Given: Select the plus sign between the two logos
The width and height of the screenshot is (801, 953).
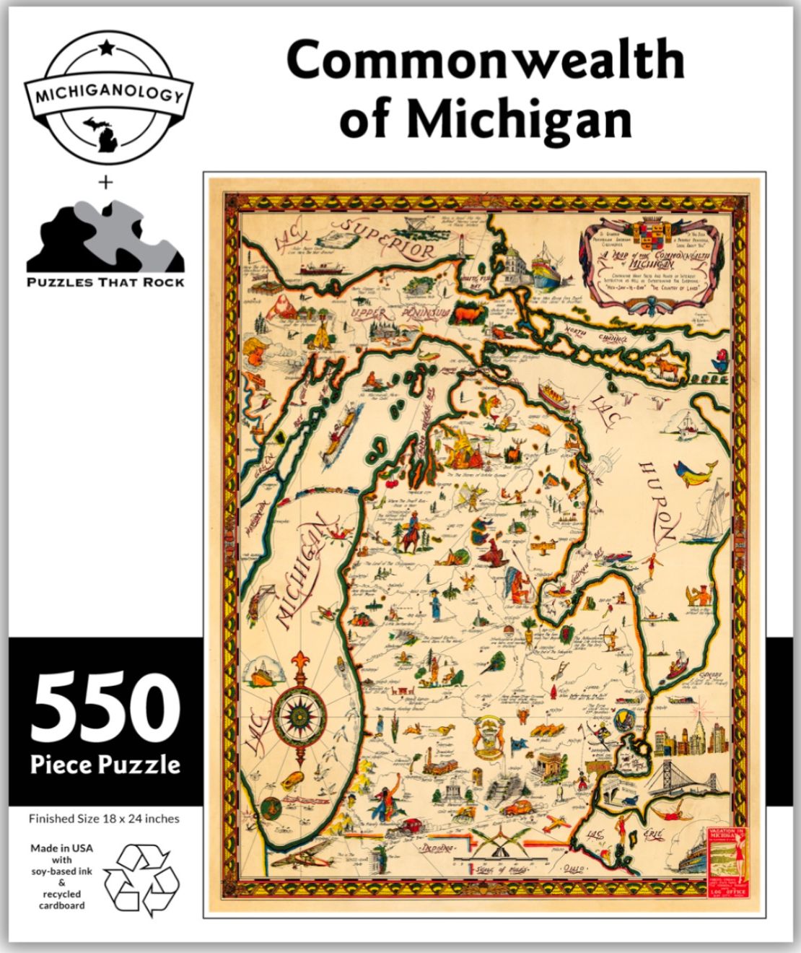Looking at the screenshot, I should (105, 183).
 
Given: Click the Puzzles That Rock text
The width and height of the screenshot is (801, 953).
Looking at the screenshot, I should (105, 282).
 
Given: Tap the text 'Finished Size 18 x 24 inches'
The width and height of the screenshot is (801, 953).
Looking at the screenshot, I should (104, 819).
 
